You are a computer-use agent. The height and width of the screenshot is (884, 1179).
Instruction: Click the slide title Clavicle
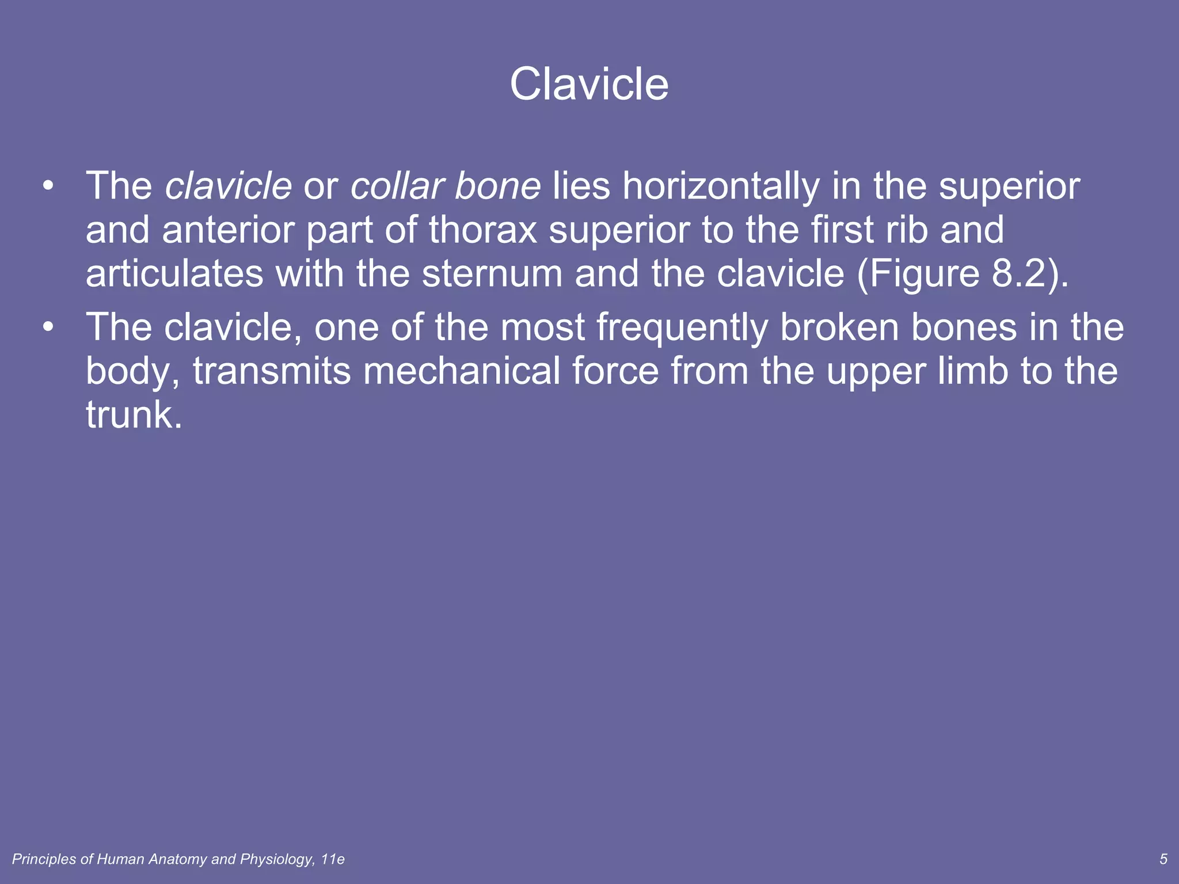click(589, 85)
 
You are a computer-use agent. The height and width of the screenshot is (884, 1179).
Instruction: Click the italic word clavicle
click(229, 186)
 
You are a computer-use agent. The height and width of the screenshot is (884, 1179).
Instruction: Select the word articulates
click(174, 273)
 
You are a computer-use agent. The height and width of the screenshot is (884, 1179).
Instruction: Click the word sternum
click(492, 273)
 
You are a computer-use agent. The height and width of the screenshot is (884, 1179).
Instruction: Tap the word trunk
click(134, 415)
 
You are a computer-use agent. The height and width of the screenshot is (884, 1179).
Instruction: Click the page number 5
click(1163, 859)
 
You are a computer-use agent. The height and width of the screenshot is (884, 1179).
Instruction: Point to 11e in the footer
click(333, 859)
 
